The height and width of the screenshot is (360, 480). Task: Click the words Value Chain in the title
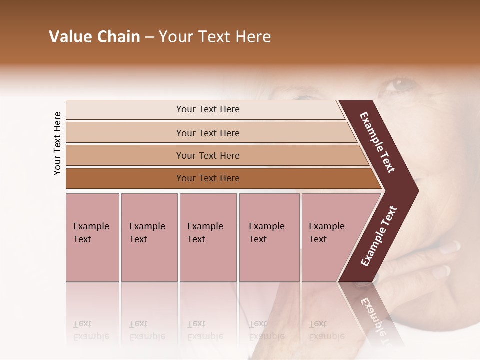tap(94, 37)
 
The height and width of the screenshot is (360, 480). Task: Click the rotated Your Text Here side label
tap(57, 143)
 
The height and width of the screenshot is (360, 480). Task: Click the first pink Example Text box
tap(92, 237)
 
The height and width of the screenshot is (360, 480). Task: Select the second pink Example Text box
tap(149, 237)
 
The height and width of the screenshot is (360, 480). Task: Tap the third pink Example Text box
tap(208, 237)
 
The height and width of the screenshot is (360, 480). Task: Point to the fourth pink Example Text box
tap(269, 237)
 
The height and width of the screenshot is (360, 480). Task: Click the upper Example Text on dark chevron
tap(377, 142)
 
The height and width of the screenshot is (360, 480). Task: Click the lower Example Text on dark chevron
tap(379, 236)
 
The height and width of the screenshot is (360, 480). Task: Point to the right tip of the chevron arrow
tap(417, 190)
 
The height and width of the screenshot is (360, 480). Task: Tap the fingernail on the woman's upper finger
tap(452, 246)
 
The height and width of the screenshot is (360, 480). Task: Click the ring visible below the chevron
tap(362, 285)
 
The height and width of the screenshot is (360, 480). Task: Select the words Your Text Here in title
tap(215, 37)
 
